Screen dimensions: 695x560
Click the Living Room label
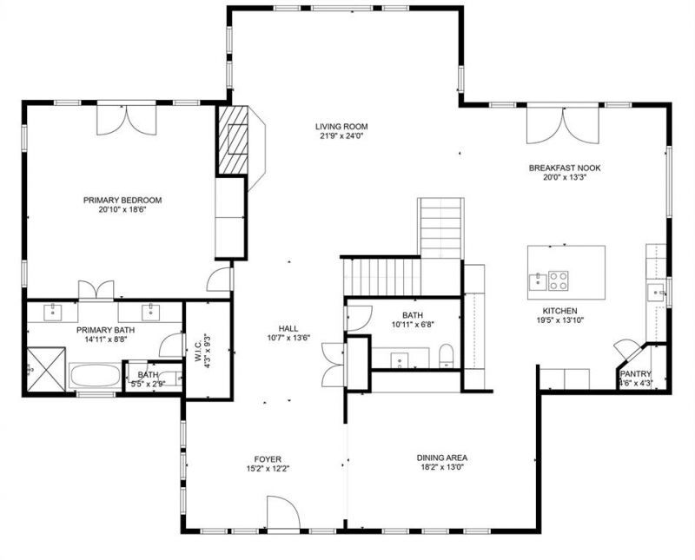(341, 126)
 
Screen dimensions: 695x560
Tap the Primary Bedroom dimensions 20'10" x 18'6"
(122, 209)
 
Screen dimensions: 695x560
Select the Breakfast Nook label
(565, 168)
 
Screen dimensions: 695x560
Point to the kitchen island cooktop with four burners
(559, 280)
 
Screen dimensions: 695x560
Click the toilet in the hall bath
(446, 355)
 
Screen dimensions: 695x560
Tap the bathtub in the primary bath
(95, 376)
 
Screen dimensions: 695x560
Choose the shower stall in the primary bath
(46, 370)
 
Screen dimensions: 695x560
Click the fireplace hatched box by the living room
(233, 141)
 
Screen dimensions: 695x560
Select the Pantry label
(636, 373)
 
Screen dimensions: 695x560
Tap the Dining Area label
(442, 458)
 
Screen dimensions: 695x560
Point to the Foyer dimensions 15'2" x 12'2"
(268, 469)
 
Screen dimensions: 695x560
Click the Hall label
(288, 328)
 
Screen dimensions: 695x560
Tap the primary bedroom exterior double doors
(127, 119)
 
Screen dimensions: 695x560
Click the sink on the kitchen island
(538, 282)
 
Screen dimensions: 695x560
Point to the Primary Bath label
(105, 330)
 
